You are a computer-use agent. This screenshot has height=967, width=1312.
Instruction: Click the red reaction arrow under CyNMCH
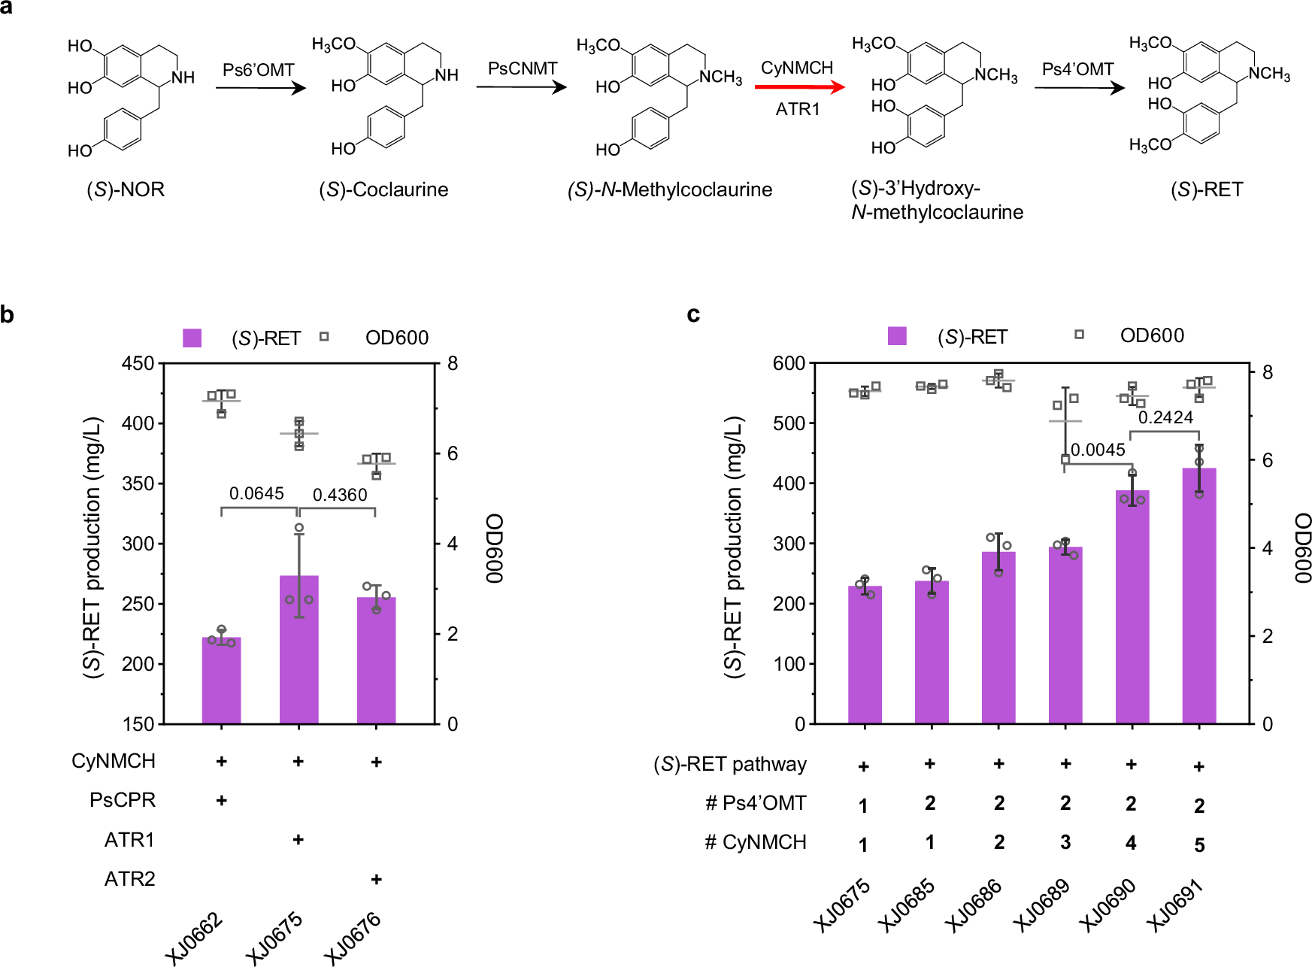pyautogui.click(x=798, y=87)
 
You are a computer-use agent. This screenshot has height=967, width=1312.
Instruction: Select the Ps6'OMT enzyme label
pyautogui.click(x=258, y=70)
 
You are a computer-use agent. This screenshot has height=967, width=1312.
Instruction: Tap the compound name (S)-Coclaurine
pyautogui.click(x=383, y=189)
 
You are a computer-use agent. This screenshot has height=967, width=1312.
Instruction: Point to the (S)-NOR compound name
pyautogui.click(x=126, y=189)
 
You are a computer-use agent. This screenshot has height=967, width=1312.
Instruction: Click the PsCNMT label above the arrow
pyautogui.click(x=523, y=68)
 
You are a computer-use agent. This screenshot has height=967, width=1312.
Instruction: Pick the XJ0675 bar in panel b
pyautogui.click(x=298, y=650)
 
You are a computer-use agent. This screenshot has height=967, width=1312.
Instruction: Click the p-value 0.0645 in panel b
pyautogui.click(x=256, y=493)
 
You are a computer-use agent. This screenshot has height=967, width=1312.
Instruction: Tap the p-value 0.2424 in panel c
pyautogui.click(x=1165, y=417)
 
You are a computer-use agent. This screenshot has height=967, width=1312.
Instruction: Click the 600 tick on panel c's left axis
pyautogui.click(x=789, y=363)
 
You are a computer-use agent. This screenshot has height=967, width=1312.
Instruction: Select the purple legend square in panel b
pyautogui.click(x=192, y=338)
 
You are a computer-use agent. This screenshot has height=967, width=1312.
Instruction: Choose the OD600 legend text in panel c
pyautogui.click(x=1152, y=335)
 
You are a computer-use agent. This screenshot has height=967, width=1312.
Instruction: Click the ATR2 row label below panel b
pyautogui.click(x=129, y=878)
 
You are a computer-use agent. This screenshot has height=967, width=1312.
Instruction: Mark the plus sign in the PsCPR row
pyautogui.click(x=222, y=800)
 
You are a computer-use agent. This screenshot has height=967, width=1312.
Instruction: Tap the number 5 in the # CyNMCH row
pyautogui.click(x=1199, y=845)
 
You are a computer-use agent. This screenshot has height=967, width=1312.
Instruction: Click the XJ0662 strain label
pyautogui.click(x=195, y=937)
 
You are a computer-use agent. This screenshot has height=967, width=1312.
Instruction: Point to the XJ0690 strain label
pyautogui.click(x=1107, y=905)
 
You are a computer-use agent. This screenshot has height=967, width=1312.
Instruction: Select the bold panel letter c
pyautogui.click(x=693, y=314)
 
